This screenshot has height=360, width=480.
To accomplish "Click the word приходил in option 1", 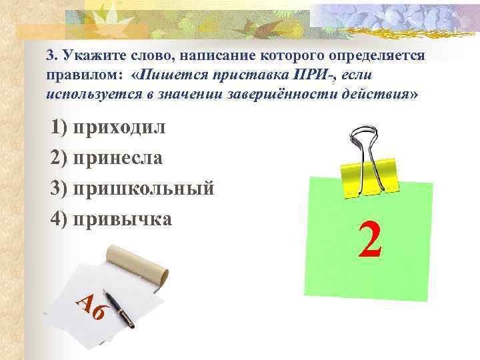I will [120, 127].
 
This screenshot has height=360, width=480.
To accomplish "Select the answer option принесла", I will [119, 157].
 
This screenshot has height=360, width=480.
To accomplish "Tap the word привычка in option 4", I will [123, 218].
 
